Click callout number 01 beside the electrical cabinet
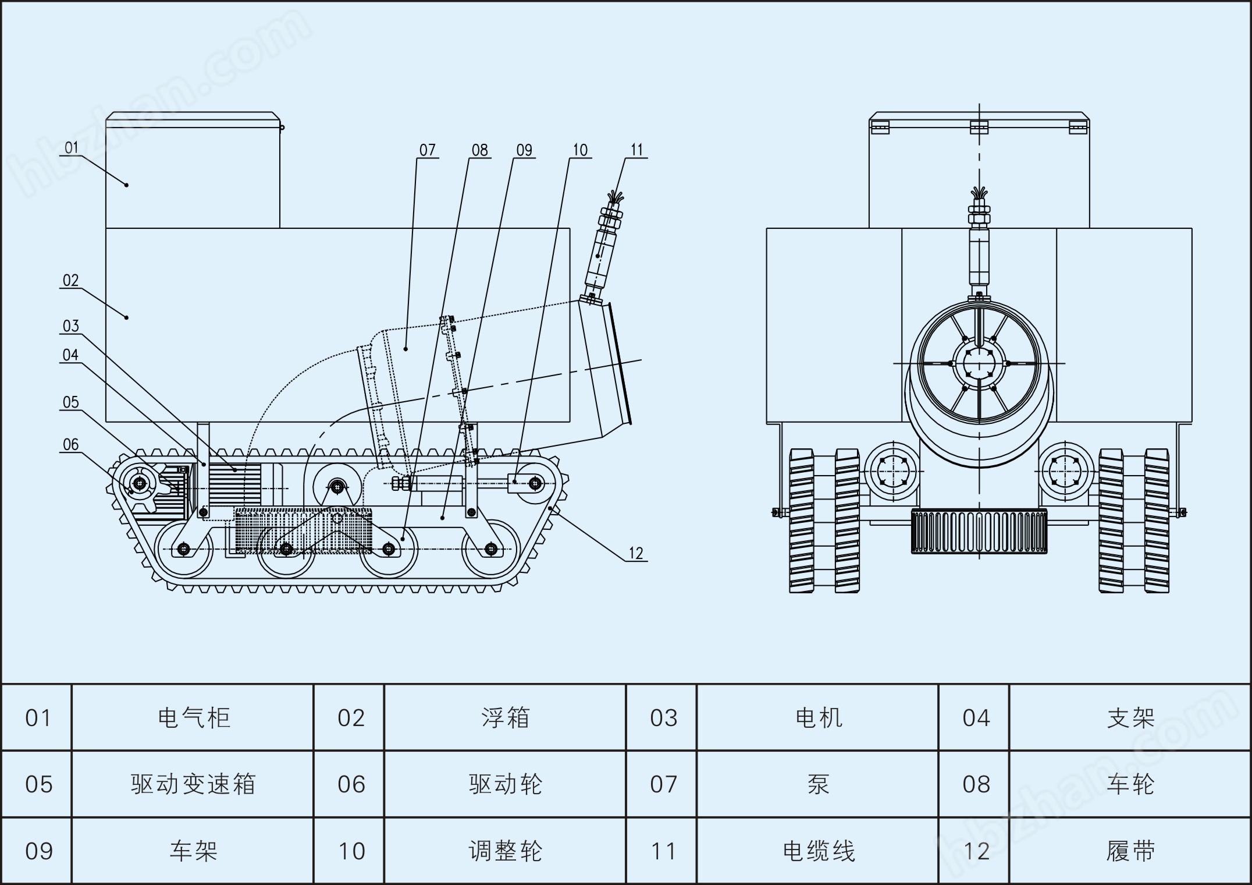pos(71,148)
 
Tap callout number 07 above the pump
pos(427,150)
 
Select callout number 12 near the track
pos(636,554)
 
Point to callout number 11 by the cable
pos(636,150)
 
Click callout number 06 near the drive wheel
pos(70,445)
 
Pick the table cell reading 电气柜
pos(194,718)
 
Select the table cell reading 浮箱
pos(505,718)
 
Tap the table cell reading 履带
pos(1130,851)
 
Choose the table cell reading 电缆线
pos(818,851)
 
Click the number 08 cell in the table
pos(976,784)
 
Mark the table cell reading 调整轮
pos(505,851)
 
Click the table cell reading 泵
pos(818,784)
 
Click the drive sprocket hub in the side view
pos(140,483)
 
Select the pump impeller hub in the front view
pos(979,364)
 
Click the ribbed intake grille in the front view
pos(979,531)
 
